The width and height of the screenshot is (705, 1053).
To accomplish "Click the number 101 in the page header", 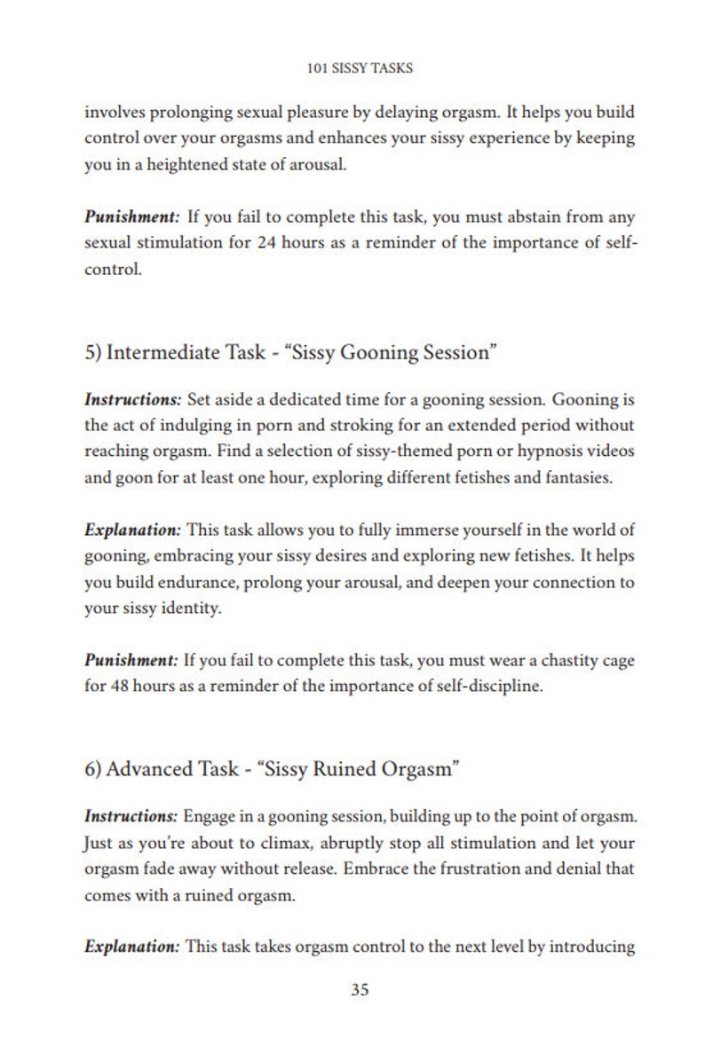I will click(x=316, y=67).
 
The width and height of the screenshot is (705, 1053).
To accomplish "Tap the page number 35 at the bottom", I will click(x=360, y=990).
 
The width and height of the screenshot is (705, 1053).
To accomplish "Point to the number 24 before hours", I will click(x=267, y=243).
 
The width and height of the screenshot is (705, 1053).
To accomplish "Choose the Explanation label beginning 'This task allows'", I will click(x=133, y=530).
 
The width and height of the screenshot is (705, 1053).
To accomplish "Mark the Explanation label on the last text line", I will click(x=133, y=947).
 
